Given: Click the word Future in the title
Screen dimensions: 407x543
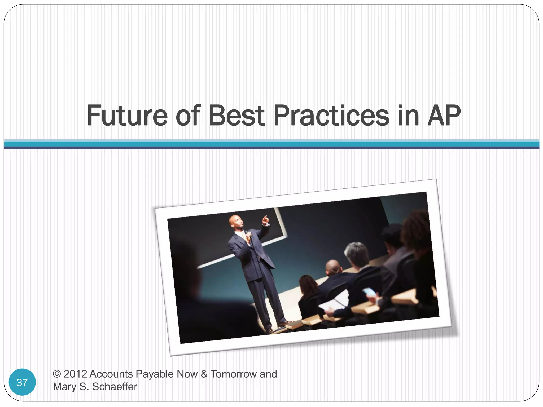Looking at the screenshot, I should (x=127, y=116).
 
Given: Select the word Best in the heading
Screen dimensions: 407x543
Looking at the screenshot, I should (x=237, y=116).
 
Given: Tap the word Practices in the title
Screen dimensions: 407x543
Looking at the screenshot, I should (x=331, y=116).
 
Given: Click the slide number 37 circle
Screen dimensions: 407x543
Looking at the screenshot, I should (x=22, y=382).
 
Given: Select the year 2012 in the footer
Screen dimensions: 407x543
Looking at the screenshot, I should (x=75, y=374).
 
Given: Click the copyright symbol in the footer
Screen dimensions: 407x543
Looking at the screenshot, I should (x=57, y=374).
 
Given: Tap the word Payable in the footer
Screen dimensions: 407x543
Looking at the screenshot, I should (x=155, y=374).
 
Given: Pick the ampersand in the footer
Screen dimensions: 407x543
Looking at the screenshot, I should (x=204, y=374).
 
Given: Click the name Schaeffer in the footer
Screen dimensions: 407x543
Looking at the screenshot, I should (x=115, y=387).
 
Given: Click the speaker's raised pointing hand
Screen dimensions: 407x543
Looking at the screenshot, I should (x=265, y=219).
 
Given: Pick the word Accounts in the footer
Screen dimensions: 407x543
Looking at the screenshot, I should (x=111, y=374).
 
